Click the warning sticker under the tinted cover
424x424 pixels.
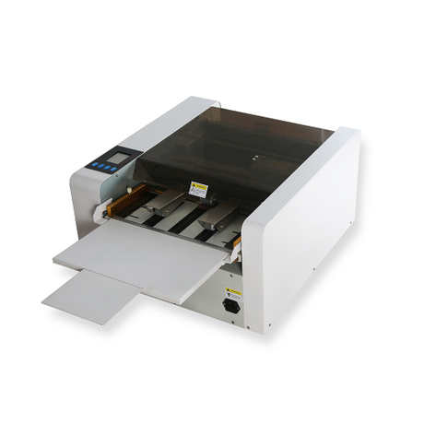(198, 189)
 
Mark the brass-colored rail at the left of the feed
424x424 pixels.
(118, 205)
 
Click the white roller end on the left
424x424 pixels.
(99, 212)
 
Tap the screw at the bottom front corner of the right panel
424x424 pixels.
(270, 324)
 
